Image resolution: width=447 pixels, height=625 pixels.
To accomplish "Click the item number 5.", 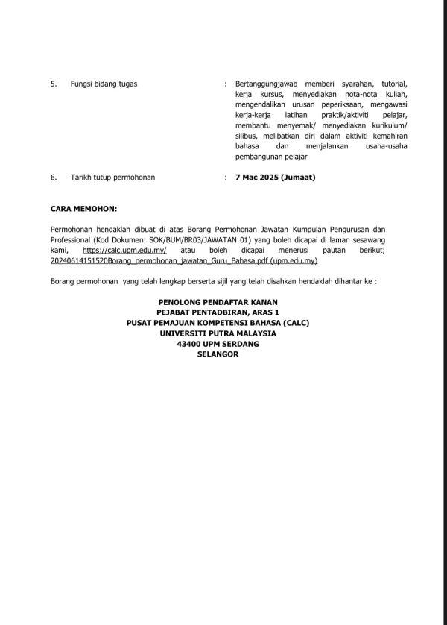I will pos(53,84).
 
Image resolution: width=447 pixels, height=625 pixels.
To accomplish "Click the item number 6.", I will pos(53,178).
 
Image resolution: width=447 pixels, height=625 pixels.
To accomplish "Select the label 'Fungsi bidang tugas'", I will pos(104,84).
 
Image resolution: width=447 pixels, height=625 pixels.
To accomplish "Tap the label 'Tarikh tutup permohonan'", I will pos(118,178).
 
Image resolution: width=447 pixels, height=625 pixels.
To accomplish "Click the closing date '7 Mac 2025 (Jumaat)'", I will pos(275,178).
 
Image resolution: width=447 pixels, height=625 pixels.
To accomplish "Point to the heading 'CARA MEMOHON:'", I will pos(83,210).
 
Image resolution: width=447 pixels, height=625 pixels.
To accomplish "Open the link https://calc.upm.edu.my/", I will pos(124,251).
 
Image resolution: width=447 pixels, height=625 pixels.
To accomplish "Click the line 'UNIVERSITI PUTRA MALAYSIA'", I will pos(218,333).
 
